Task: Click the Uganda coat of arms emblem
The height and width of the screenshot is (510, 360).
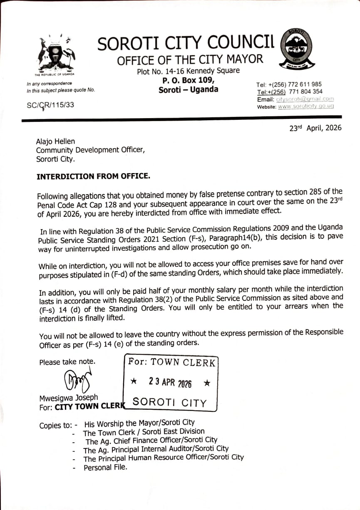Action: tap(56, 54)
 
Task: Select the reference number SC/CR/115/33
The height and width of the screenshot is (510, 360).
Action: tap(50, 105)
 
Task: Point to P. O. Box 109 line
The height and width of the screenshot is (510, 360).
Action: tap(188, 80)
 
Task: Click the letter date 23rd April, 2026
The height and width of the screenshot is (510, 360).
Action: tap(315, 128)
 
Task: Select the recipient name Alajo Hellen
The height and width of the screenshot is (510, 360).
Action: tap(56, 142)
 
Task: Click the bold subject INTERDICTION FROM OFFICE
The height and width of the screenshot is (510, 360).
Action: tap(93, 176)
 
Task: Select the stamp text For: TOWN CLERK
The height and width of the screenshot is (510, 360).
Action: tap(171, 362)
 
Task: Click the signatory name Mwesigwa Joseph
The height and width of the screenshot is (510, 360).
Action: tap(69, 398)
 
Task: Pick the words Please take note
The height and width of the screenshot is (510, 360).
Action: tap(67, 362)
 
